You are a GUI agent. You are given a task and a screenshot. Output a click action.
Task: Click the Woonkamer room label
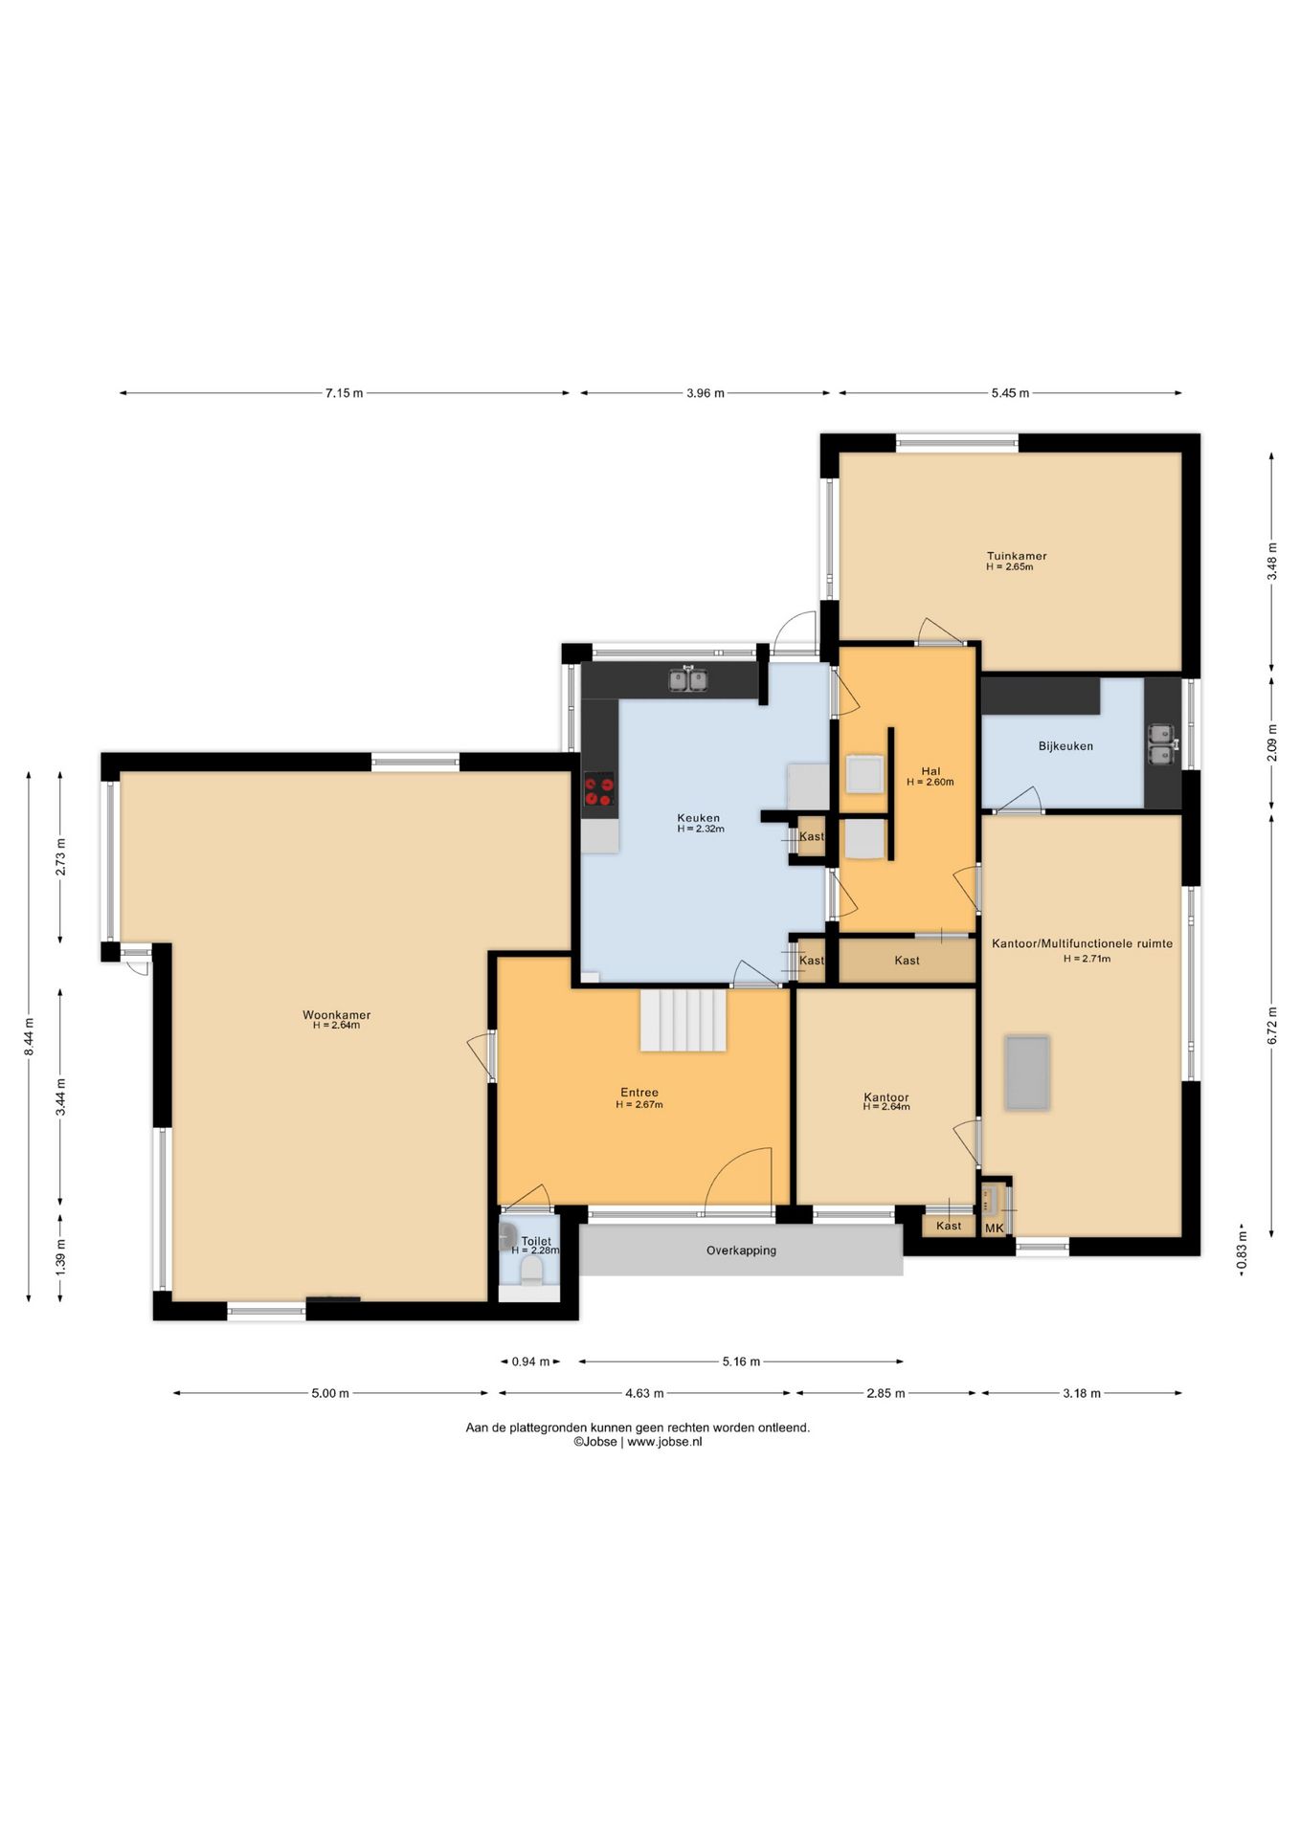coord(336,1015)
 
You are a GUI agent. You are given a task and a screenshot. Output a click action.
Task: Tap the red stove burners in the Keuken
coord(600,790)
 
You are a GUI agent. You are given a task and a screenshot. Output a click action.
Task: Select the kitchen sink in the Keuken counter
coord(688,679)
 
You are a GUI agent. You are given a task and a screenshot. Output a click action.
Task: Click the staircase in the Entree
coord(684,1020)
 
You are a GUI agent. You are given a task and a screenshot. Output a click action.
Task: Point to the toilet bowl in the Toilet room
coord(529,1270)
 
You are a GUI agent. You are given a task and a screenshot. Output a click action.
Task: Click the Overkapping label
coord(741,1250)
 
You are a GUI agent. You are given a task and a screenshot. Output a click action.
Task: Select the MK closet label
coord(995,1228)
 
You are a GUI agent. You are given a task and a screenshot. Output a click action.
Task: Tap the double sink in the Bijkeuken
coord(1163,744)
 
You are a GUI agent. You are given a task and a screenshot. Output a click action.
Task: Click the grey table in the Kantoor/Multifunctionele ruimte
coord(1027,1073)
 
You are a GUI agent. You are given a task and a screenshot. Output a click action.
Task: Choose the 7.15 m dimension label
coord(344,393)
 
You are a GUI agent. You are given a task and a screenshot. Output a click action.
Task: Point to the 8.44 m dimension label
coord(30,1036)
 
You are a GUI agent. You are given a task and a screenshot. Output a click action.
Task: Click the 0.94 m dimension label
coord(530,1361)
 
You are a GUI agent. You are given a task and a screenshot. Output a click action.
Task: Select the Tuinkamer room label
coord(1017,556)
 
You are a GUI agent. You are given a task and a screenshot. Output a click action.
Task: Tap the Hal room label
coord(930,771)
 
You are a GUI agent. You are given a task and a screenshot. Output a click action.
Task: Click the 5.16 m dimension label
coord(741,1361)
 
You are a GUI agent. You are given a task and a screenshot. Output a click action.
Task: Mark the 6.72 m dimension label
coord(1271,1025)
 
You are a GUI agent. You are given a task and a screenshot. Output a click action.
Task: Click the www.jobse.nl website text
coord(664,1442)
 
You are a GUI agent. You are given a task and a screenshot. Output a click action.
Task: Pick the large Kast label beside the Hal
coord(907,961)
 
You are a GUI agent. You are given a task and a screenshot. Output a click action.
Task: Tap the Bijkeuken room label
coord(1065,746)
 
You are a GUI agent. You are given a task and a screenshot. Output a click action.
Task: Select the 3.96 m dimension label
coord(706,393)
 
